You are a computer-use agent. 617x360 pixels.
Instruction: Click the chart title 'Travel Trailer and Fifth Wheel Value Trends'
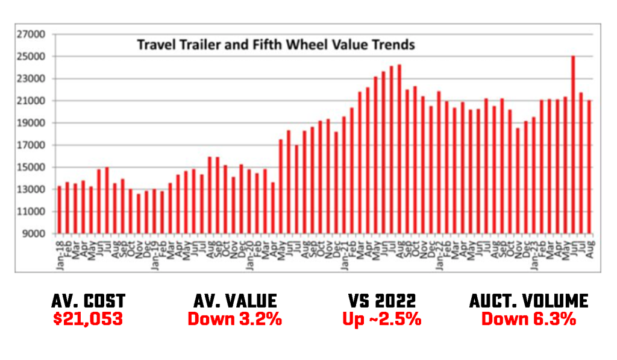[x=276, y=45]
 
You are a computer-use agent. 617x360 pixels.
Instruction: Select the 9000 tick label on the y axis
[x=35, y=234]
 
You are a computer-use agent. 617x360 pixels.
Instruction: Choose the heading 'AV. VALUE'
[x=234, y=301]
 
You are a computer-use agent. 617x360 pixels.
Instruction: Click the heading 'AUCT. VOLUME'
[x=528, y=301]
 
